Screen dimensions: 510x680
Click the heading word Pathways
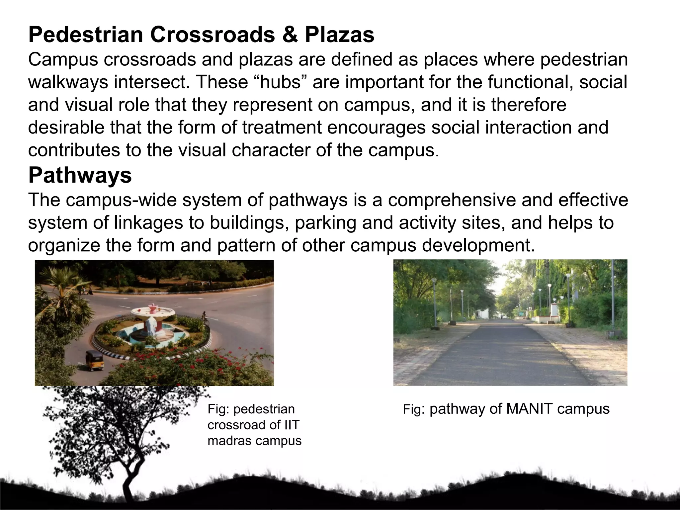tap(80, 175)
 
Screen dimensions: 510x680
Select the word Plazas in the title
tap(340, 35)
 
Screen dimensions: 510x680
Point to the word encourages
tap(377, 128)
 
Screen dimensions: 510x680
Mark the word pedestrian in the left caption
tap(264, 409)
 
